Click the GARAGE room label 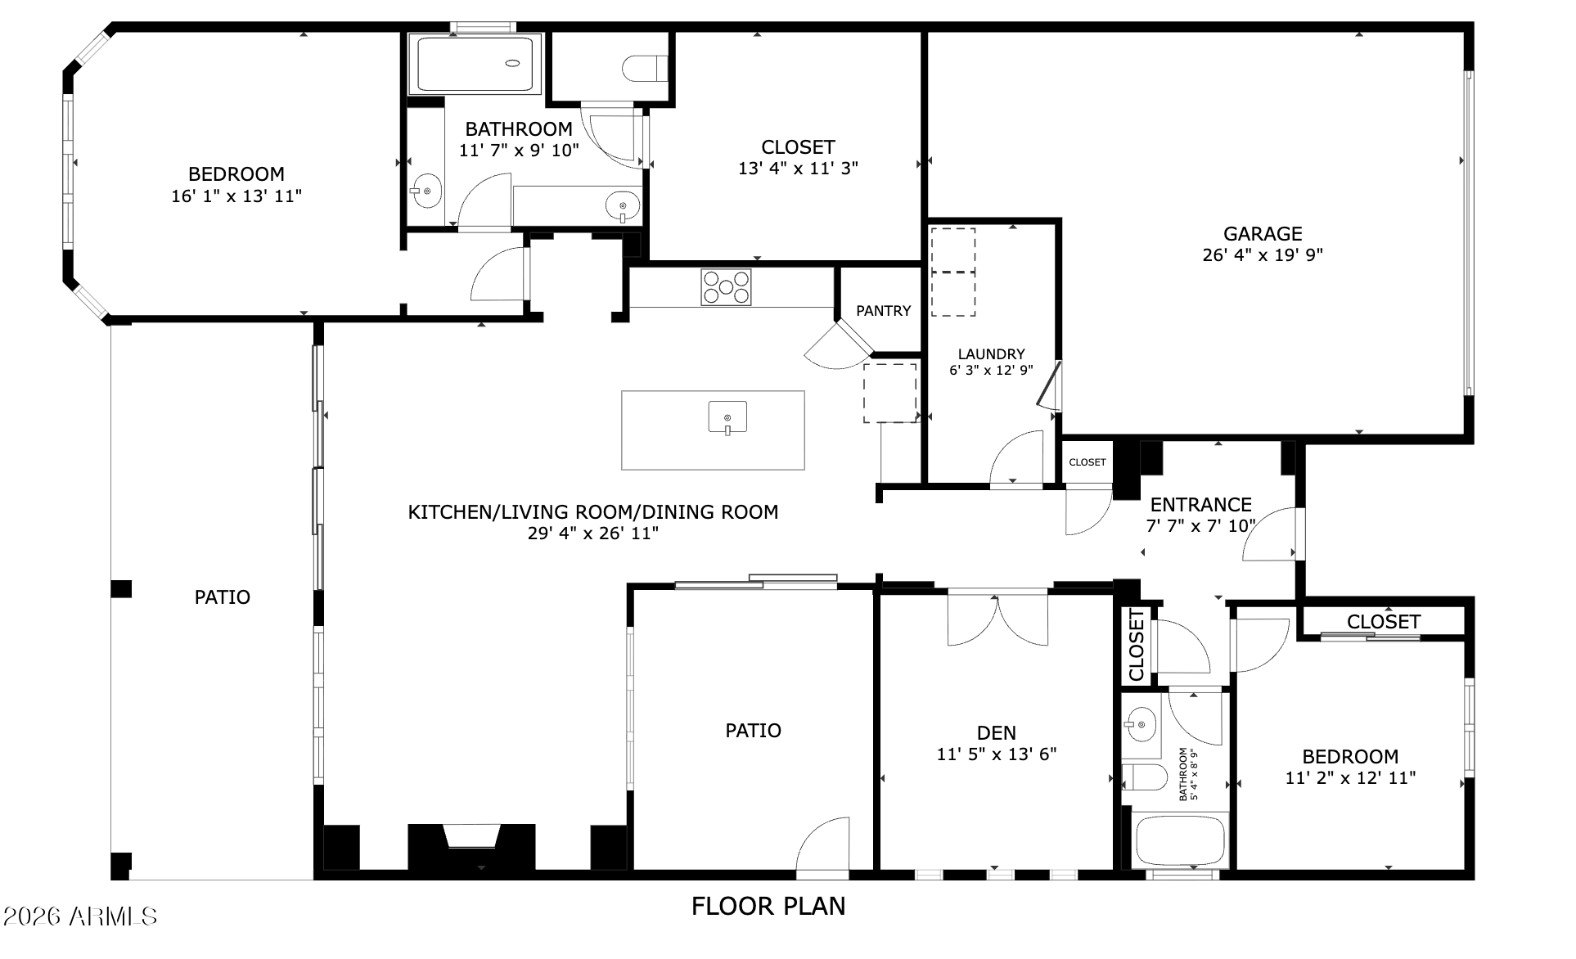[1263, 234]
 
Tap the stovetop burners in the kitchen [726, 287]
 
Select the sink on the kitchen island [727, 417]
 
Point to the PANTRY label [883, 311]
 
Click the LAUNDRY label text [991, 354]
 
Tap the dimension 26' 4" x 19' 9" [1263, 255]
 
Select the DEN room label [997, 733]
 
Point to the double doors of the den [997, 619]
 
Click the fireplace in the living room [471, 846]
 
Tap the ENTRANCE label [1200, 505]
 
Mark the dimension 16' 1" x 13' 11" [236, 196]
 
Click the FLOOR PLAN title [768, 907]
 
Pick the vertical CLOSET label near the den [1137, 645]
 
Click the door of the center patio [822, 844]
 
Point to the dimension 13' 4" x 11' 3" [798, 169]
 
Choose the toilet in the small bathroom [1144, 777]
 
